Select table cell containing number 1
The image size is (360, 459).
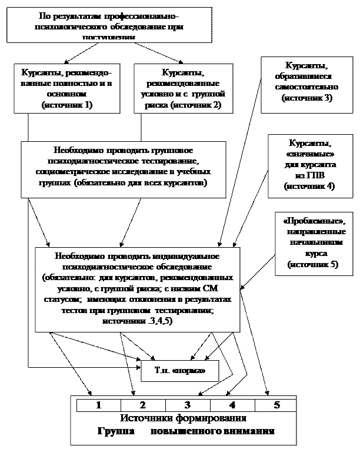[98, 405]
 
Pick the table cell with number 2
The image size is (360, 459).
[142, 405]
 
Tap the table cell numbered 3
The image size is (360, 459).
[187, 405]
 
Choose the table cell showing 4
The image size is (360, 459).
[232, 405]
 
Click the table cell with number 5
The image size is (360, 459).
[276, 405]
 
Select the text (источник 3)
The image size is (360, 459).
[306, 98]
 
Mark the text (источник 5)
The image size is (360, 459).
[312, 265]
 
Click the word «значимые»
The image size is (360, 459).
[309, 154]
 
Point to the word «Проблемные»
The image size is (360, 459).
[314, 221]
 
